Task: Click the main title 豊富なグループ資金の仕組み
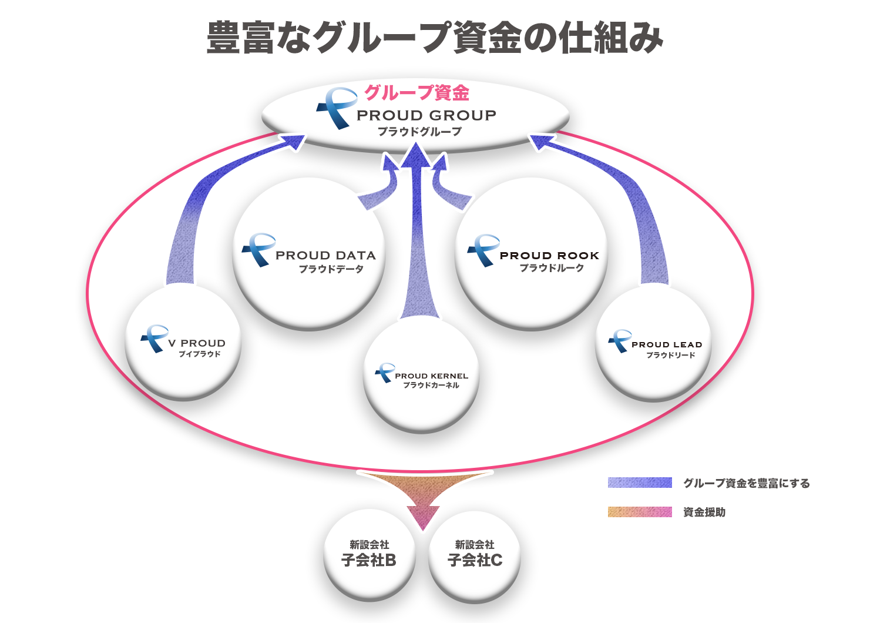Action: coord(434,38)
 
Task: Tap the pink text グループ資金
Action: coord(416,93)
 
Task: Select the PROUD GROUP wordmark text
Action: coord(426,115)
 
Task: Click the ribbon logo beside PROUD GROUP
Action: coord(337,108)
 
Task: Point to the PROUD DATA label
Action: coord(325,255)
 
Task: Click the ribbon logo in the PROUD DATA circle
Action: coord(258,250)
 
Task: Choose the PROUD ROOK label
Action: coord(549,255)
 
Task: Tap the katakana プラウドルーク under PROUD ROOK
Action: coord(552,268)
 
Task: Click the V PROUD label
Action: coord(197,343)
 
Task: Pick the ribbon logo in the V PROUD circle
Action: coord(154,339)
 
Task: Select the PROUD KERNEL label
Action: coord(432,376)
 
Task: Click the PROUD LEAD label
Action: coord(667,344)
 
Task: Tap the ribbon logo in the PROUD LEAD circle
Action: coord(620,341)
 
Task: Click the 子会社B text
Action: coord(368,560)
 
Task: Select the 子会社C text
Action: coord(475,560)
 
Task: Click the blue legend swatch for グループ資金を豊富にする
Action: coord(640,483)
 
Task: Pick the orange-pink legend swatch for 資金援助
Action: coord(640,512)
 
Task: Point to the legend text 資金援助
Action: coord(704,513)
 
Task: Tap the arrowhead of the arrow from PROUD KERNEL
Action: coord(416,156)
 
